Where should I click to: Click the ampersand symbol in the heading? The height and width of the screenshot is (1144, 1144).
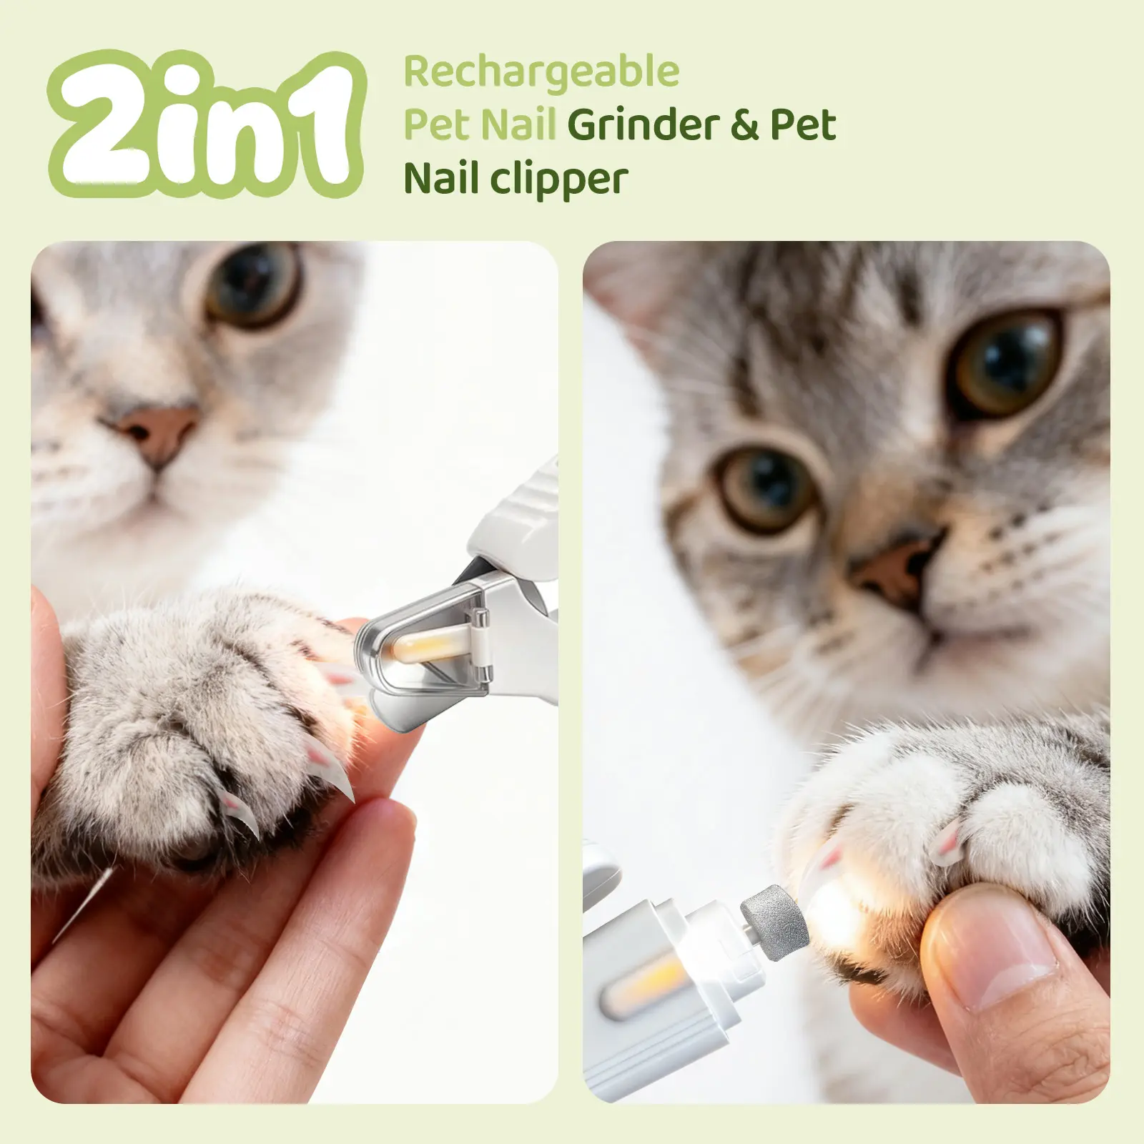[744, 125]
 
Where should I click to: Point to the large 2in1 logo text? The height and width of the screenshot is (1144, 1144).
[207, 125]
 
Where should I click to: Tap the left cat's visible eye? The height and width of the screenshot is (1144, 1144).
[254, 282]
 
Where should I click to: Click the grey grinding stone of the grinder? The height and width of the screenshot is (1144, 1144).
[776, 922]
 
